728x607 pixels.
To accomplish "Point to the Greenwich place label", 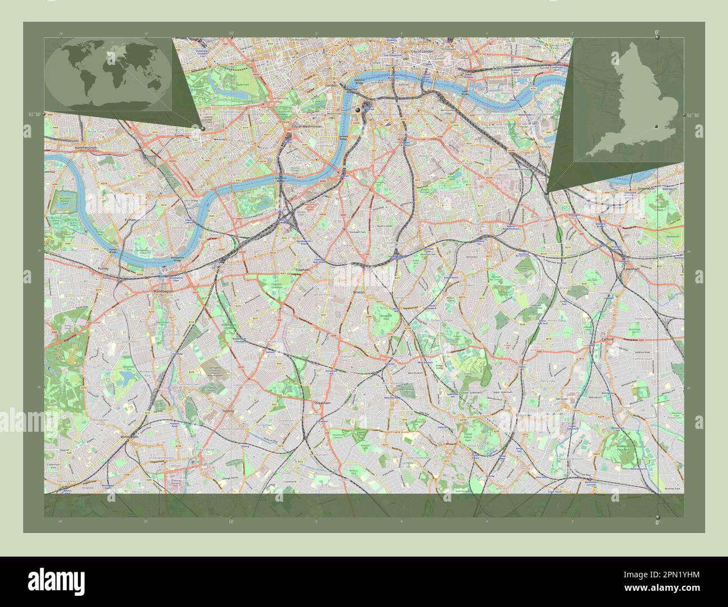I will click(645, 189).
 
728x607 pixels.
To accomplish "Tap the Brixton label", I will click(358, 292).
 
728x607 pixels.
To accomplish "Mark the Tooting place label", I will click(228, 410).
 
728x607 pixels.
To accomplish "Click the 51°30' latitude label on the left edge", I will click(35, 114).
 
